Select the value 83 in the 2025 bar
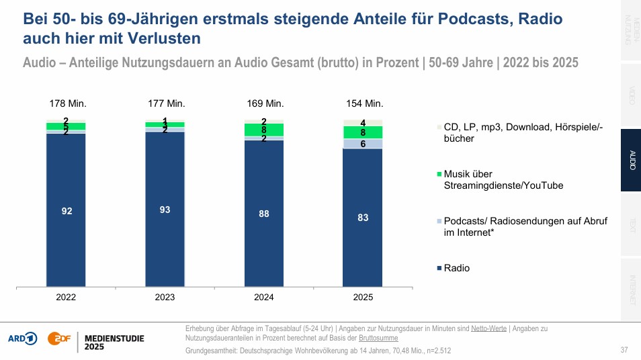click(x=364, y=218)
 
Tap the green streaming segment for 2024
click(x=264, y=130)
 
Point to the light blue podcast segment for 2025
click(x=364, y=144)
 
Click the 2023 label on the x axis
click(x=165, y=297)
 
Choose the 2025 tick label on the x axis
click(x=364, y=297)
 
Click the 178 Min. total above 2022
click(x=68, y=103)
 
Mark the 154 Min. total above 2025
click(x=365, y=103)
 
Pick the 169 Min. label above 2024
click(x=266, y=103)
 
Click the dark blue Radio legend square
click(x=439, y=269)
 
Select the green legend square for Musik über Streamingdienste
click(x=439, y=174)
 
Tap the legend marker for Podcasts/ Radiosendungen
click(x=439, y=221)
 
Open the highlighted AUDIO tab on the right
click(x=630, y=161)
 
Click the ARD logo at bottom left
click(x=22, y=339)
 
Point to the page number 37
click(x=624, y=350)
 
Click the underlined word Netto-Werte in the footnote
click(x=488, y=328)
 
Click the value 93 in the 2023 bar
click(x=165, y=210)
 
